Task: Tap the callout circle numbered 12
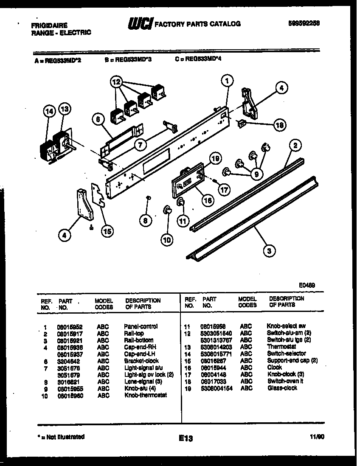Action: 117,81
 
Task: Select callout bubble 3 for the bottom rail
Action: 268,251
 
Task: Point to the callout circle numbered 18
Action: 279,125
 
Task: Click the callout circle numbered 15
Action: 107,231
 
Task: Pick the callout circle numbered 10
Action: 167,240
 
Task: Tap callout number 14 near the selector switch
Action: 49,111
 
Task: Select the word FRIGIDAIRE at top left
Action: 49,25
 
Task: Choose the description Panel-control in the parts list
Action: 141,326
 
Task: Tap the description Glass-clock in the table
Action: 282,388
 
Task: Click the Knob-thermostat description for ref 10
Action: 146,395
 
